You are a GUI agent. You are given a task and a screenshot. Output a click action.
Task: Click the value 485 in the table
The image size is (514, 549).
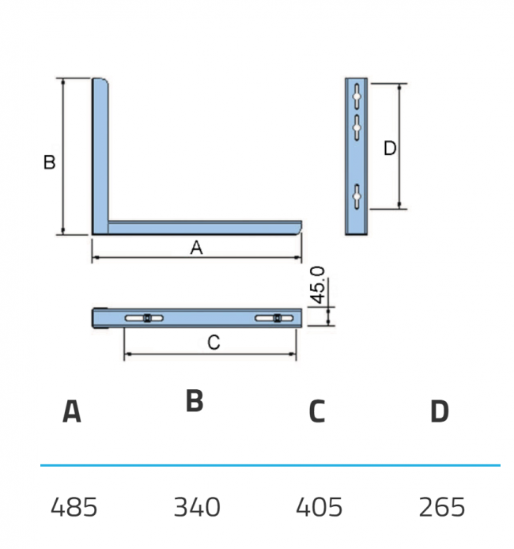click(x=74, y=507)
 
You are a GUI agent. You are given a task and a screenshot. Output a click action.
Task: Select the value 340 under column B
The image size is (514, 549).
click(x=197, y=507)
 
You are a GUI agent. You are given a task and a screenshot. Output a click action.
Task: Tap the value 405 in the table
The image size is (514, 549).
click(x=319, y=507)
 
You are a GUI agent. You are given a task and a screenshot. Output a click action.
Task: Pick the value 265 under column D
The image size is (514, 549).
click(x=442, y=507)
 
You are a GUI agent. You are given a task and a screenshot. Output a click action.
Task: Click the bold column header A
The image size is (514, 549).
click(x=72, y=411)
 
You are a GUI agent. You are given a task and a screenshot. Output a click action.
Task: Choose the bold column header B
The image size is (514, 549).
click(x=195, y=400)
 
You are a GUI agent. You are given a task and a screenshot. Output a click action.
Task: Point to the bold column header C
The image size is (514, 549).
click(x=317, y=411)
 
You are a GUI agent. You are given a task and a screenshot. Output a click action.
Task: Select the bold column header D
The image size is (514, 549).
click(x=440, y=411)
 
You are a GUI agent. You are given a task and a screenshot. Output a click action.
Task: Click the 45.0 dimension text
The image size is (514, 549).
click(x=318, y=285)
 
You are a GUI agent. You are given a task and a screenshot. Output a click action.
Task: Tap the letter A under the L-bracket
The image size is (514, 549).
click(x=196, y=248)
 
